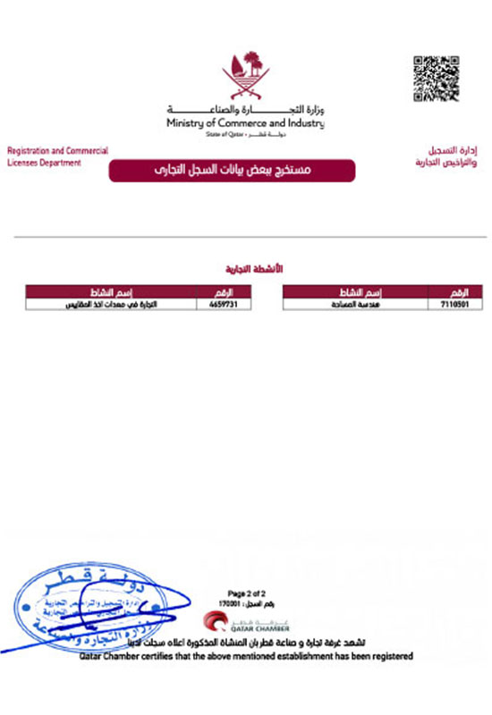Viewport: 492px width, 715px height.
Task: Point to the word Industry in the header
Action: (x=304, y=122)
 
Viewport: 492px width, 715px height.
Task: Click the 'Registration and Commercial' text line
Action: (x=57, y=151)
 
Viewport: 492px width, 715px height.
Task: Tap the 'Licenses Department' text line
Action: (x=44, y=163)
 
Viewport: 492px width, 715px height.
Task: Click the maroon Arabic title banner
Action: (x=233, y=170)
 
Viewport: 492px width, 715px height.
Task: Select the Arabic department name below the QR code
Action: (x=446, y=157)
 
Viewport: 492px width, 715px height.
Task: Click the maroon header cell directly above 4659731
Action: (x=224, y=292)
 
